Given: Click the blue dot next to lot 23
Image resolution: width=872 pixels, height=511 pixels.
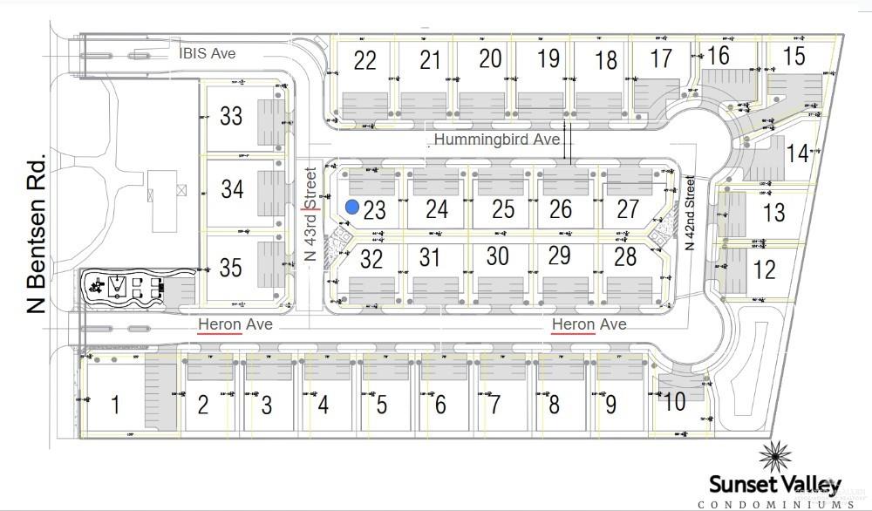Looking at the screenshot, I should click(351, 207).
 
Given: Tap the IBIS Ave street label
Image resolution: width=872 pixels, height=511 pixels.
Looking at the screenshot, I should click(207, 53).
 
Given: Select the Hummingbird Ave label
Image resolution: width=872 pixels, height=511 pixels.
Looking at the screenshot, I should click(497, 140).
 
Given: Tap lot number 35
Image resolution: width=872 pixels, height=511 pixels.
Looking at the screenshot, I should click(231, 267).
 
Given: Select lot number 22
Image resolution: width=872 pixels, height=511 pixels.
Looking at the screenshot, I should click(365, 60).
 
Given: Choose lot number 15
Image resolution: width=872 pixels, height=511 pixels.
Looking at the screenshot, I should click(794, 57).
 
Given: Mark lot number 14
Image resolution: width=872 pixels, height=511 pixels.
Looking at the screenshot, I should click(797, 154).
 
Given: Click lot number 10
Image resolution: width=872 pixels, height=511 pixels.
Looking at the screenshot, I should click(674, 403).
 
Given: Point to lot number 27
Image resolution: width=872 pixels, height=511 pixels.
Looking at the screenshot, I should click(628, 209).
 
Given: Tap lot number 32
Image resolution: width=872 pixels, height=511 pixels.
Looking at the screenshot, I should click(371, 259).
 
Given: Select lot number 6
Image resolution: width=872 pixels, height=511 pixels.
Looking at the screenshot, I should click(439, 405).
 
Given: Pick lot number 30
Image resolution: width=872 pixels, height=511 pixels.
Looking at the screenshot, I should click(497, 256).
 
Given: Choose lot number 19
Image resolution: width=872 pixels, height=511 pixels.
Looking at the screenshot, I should click(548, 59).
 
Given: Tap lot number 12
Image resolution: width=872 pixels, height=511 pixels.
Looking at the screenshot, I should click(764, 269).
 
